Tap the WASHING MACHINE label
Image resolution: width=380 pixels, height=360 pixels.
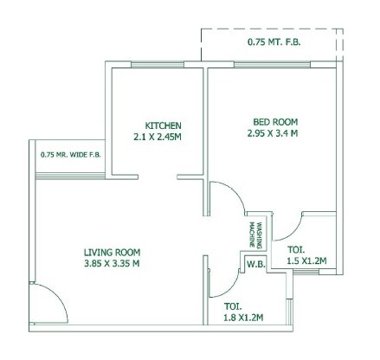pos(257,232)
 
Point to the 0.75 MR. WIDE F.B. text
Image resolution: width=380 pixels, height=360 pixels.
pos(70,156)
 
